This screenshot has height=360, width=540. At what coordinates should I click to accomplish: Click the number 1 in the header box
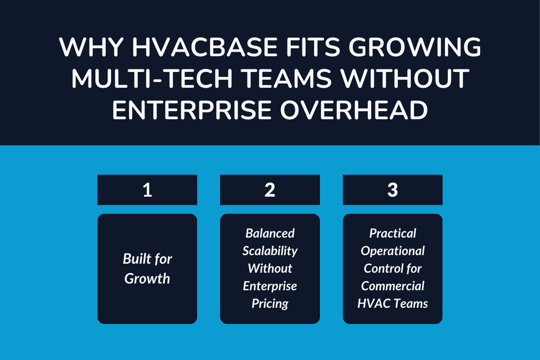click(147, 190)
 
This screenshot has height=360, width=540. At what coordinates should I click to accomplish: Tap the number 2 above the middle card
click(270, 190)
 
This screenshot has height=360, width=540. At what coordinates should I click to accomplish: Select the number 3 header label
click(392, 190)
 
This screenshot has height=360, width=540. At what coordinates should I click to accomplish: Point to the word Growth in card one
click(147, 279)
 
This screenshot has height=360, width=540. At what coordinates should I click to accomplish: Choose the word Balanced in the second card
click(270, 233)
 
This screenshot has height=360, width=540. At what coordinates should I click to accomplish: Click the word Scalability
click(270, 251)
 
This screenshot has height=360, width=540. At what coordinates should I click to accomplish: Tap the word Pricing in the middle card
click(270, 303)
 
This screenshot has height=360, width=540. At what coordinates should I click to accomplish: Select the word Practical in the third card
click(392, 233)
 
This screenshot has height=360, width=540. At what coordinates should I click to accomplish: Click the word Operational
click(392, 251)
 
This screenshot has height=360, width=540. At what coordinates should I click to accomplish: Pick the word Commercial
click(392, 286)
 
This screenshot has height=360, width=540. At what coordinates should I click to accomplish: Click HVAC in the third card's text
click(373, 303)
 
